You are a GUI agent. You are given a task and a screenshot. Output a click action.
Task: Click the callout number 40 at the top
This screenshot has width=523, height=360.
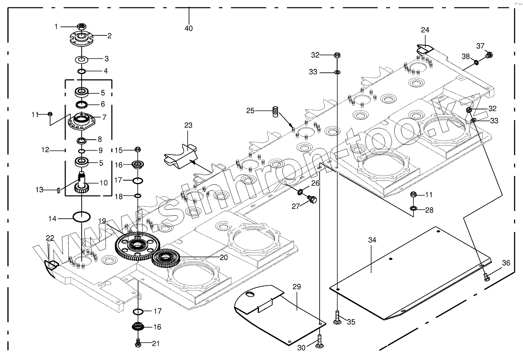189,28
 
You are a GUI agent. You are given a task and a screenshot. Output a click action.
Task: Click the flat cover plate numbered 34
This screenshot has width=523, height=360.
408,272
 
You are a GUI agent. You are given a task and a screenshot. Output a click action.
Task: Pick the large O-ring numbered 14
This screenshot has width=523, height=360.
82,216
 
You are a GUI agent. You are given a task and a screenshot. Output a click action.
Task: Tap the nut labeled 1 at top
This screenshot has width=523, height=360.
82,26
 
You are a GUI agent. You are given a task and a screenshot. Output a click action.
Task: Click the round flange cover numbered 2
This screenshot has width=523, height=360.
82,39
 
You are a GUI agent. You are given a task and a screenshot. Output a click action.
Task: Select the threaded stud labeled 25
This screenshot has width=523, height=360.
275,111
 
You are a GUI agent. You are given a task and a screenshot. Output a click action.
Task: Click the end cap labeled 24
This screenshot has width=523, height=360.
425,49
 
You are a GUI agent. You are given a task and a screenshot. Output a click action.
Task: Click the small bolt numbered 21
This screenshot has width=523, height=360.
137,343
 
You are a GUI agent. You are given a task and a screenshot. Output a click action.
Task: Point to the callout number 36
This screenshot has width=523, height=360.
506,263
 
